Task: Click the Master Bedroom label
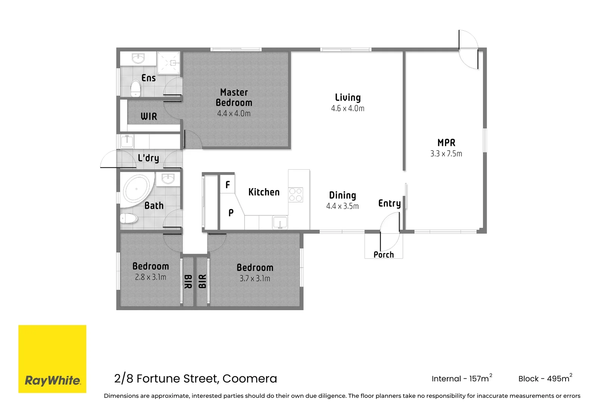click(234, 97)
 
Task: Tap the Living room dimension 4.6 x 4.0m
click(348, 109)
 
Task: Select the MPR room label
click(446, 143)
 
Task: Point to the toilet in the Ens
click(135, 88)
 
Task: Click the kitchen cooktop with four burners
click(296, 195)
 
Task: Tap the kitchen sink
click(280, 223)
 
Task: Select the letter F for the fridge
click(227, 185)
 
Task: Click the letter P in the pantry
click(231, 213)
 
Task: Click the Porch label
click(384, 254)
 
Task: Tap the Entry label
click(389, 203)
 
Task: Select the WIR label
click(149, 116)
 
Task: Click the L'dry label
click(148, 158)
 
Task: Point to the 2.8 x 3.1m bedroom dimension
click(150, 277)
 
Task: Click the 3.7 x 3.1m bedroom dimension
click(255, 278)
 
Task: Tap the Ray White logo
click(52, 359)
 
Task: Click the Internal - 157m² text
click(461, 378)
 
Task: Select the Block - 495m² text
click(545, 378)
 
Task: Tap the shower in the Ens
click(169, 63)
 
